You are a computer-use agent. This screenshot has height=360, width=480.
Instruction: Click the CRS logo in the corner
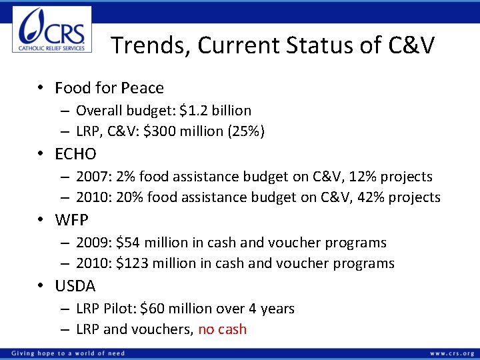click(x=52, y=29)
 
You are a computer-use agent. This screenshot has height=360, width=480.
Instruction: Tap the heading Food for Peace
click(x=109, y=88)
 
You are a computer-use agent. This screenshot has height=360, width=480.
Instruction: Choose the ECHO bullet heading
click(x=75, y=154)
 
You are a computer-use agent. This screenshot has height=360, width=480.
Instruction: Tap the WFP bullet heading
click(x=72, y=219)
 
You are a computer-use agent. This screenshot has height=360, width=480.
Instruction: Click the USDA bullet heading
click(x=75, y=286)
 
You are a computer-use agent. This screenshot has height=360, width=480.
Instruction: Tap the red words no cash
click(x=223, y=329)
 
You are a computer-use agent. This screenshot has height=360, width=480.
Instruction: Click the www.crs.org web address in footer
click(x=452, y=353)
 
